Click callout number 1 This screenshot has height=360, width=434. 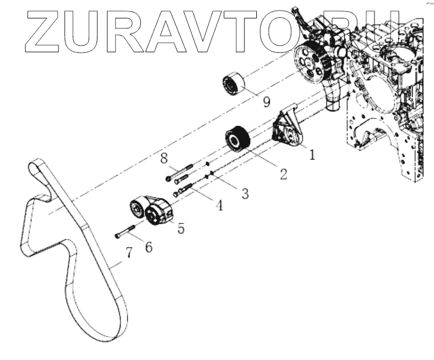coord(311,154)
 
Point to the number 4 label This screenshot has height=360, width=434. coord(219,206)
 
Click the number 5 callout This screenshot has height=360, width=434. coord(180,228)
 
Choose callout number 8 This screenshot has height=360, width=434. coord(163,158)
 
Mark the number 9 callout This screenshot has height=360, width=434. coord(266,101)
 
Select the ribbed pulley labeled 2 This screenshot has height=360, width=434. coord(240,140)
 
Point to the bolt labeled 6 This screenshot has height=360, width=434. coord(125,232)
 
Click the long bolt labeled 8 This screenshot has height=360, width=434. coord(178,170)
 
